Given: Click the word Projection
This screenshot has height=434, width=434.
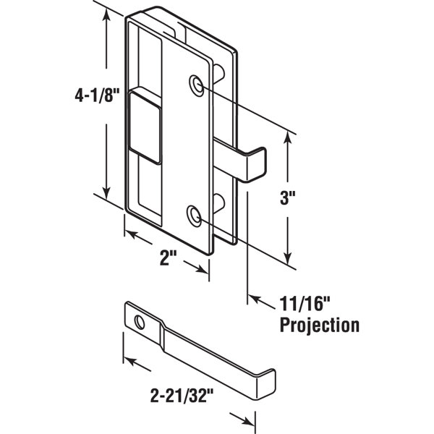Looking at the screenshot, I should pos(319,325).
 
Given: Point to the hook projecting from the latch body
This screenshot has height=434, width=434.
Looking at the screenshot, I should pos(253,163).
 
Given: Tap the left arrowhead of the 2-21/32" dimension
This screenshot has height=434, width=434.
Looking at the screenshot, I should pos(127,358).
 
